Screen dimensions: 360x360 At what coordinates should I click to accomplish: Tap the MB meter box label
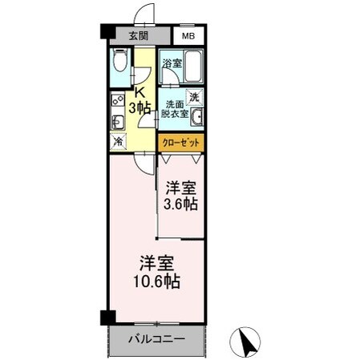click(x=188, y=36)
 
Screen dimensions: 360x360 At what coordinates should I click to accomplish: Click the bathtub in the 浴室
click(x=192, y=70)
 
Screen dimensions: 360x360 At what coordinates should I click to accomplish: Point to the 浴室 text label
click(x=170, y=63)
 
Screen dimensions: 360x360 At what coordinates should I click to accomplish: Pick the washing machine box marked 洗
click(x=194, y=97)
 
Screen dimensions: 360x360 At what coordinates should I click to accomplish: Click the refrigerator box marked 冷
click(x=118, y=141)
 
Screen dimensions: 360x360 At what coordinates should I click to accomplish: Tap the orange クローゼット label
click(x=181, y=143)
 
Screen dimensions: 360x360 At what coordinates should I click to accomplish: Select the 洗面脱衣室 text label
click(x=176, y=110)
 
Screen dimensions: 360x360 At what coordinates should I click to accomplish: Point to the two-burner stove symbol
click(x=116, y=103)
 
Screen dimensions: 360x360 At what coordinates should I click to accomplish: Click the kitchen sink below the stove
click(x=117, y=123)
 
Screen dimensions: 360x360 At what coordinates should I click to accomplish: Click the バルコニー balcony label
click(x=157, y=339)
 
